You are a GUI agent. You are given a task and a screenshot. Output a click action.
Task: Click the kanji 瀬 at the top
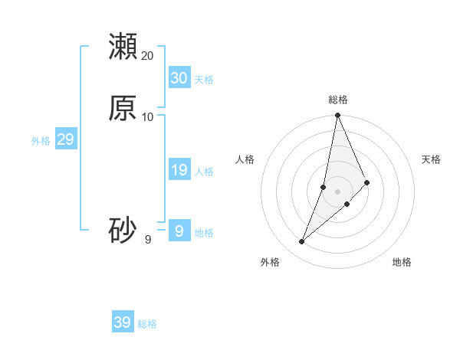123,46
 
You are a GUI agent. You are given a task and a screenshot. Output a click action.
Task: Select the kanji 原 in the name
123,108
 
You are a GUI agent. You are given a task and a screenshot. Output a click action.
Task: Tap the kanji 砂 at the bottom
123,231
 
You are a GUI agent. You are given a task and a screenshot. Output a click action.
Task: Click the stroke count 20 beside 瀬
148,56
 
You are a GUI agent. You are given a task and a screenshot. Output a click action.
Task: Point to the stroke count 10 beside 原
148,117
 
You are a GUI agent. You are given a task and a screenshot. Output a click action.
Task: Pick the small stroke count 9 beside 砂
148,240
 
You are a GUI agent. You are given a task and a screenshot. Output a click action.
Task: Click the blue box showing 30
179,78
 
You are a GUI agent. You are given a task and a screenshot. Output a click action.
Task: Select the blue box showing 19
179,170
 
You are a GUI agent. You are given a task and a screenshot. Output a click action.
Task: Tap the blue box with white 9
179,231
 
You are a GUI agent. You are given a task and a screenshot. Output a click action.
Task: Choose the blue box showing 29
65,139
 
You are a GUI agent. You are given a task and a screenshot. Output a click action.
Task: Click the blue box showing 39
122,322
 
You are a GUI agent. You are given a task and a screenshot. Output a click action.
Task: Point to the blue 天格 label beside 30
204,80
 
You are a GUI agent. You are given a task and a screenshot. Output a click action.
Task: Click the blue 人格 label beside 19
204,172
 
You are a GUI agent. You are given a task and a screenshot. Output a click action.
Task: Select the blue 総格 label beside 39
147,324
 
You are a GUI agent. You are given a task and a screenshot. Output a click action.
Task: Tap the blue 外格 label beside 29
41,141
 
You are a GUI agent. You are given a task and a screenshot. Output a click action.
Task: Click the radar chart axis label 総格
338,100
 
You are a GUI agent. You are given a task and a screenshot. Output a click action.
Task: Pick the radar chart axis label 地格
402,262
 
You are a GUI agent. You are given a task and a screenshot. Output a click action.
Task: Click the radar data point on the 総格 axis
337,116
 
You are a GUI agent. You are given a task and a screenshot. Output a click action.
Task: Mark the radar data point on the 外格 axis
302,242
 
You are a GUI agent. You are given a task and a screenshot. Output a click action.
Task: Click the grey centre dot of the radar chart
337,191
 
